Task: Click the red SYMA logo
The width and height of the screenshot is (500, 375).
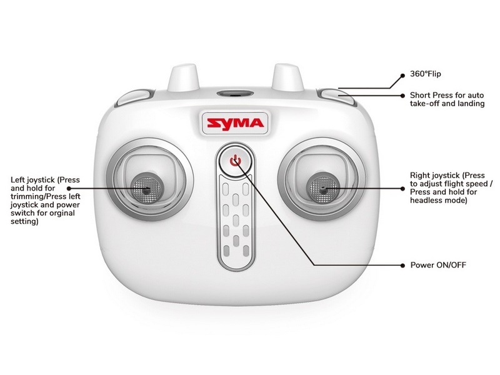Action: [x=236, y=123]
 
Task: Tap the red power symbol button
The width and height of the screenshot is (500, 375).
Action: [x=236, y=161]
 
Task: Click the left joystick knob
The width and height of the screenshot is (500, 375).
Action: [x=146, y=188]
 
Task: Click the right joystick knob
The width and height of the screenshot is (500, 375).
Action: [x=322, y=188]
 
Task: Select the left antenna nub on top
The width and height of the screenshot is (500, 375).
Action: [x=183, y=77]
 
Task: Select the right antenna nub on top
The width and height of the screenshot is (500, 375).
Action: [x=287, y=77]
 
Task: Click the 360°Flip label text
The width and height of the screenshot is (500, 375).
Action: [x=426, y=74]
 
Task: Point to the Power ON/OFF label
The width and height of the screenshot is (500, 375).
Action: [x=438, y=265]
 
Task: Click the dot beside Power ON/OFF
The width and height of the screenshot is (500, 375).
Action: [x=402, y=265]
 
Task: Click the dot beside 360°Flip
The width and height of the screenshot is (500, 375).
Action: [x=402, y=76]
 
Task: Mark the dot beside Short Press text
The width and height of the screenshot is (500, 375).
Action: [x=402, y=96]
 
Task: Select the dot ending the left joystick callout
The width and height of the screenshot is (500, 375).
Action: [x=69, y=189]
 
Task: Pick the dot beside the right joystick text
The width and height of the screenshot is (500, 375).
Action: [x=402, y=189]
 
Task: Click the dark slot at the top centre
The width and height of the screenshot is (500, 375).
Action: [x=236, y=94]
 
